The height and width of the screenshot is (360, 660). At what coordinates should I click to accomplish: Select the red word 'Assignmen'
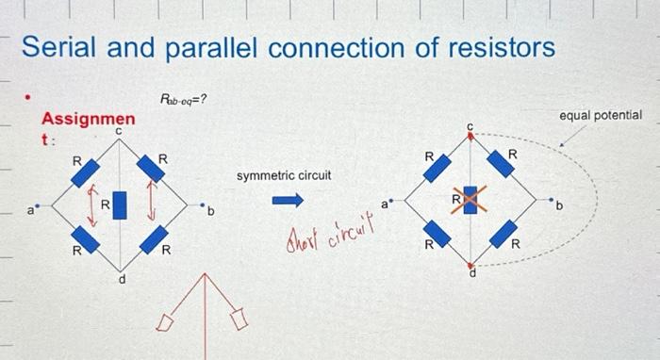coord(87,120)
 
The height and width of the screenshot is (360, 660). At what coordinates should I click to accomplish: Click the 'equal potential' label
coord(601,115)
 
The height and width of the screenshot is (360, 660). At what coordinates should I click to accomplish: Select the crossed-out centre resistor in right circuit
coord(470,200)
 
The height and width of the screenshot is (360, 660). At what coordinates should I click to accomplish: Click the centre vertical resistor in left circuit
coord(120,203)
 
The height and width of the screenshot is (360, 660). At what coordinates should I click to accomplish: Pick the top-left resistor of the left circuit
coord(86,173)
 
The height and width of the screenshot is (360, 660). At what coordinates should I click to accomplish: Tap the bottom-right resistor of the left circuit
coord(153,238)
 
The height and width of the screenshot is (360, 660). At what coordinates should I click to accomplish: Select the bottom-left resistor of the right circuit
coord(436,232)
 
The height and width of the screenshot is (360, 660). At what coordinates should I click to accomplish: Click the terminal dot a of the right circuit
coord(391,200)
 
